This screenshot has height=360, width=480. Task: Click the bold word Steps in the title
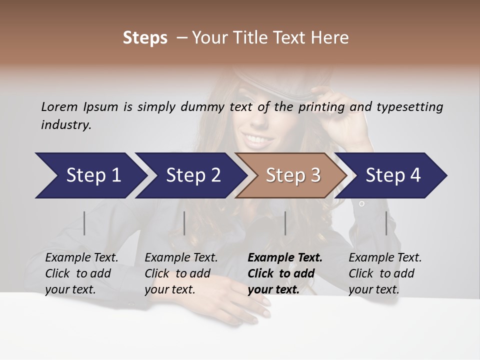coord(145,38)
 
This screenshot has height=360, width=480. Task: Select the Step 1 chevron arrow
coord(90,175)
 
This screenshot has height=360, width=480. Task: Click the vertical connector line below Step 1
coord(84,223)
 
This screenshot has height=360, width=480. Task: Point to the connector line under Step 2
coord(184,223)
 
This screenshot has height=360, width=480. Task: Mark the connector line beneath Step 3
coord(285,223)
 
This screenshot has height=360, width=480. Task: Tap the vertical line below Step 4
coord(386,223)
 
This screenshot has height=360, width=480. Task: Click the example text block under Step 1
coord(81,273)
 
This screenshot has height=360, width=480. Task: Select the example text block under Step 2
coord(181,273)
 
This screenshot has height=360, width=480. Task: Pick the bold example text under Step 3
coord(285,273)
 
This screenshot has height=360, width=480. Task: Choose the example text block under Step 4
coord(385,273)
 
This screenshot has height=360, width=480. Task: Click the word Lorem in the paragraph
coord(59,107)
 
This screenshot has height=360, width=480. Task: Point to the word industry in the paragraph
coord(66,125)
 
